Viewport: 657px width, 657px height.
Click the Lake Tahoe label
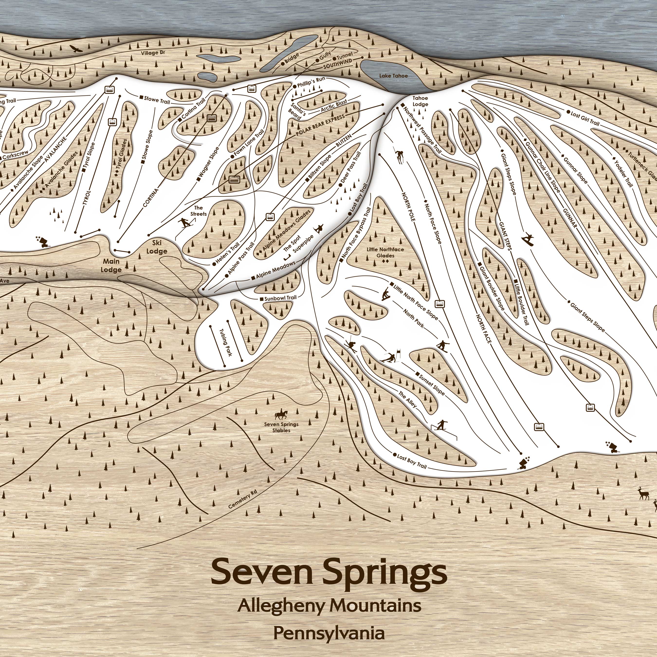393,75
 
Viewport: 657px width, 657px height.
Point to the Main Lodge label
111,265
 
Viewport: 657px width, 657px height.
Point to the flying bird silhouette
76,49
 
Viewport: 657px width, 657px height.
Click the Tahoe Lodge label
420,101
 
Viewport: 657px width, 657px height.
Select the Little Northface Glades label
385,253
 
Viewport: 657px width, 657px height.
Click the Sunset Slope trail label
431,384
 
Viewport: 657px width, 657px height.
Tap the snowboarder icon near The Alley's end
441,425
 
